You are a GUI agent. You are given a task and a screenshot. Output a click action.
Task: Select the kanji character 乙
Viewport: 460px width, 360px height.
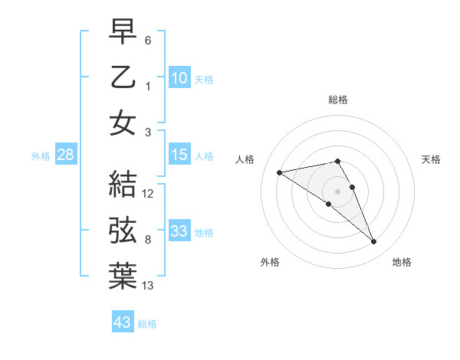pyautogui.click(x=123, y=77)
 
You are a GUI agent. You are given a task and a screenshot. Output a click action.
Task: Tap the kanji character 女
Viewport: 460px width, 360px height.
pyautogui.click(x=123, y=123)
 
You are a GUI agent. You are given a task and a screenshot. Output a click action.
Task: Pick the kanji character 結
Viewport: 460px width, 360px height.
pyautogui.click(x=123, y=183)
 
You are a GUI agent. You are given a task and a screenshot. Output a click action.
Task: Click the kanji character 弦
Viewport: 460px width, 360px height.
pyautogui.click(x=123, y=229)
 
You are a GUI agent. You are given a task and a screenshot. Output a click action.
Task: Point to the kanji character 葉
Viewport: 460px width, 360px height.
pyautogui.click(x=123, y=275)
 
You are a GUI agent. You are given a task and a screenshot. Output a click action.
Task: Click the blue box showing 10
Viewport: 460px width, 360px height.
pyautogui.click(x=179, y=77)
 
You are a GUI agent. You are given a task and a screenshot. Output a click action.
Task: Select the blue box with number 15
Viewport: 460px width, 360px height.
pyautogui.click(x=179, y=155)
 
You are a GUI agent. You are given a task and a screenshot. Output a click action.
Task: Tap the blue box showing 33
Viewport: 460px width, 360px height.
pyautogui.click(x=179, y=231)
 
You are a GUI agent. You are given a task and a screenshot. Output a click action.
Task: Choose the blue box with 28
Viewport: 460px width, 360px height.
pyautogui.click(x=65, y=155)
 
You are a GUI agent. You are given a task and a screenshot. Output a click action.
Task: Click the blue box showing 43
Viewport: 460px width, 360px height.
pyautogui.click(x=122, y=322)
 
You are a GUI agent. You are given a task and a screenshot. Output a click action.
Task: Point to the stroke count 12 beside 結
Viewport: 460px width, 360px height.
pyautogui.click(x=148, y=194)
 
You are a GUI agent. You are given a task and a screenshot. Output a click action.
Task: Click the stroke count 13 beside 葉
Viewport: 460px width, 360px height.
pyautogui.click(x=148, y=286)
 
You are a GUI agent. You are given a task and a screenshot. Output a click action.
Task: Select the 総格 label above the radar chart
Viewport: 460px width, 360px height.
pyautogui.click(x=337, y=100)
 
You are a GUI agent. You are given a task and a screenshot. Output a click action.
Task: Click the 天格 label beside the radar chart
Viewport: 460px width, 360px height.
pyautogui.click(x=431, y=159)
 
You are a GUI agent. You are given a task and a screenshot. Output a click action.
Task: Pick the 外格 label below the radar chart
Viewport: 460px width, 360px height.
pyautogui.click(x=270, y=262)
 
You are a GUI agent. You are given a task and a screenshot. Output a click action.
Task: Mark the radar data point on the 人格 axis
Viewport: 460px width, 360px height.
pyautogui.click(x=280, y=172)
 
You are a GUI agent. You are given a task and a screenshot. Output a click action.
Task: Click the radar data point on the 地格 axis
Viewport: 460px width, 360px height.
pyautogui.click(x=374, y=242)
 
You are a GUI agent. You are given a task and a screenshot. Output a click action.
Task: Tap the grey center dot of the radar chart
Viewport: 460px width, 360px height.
pyautogui.click(x=337, y=190)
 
